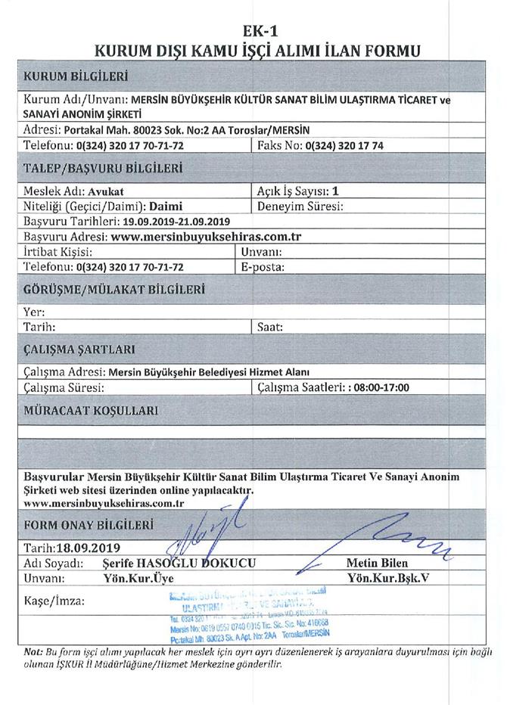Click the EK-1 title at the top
253,33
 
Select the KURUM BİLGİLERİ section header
76,76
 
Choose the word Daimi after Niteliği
164,205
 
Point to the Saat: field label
270,327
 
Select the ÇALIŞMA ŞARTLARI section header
79,349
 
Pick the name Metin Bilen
377,564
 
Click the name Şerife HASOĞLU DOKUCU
179,564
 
